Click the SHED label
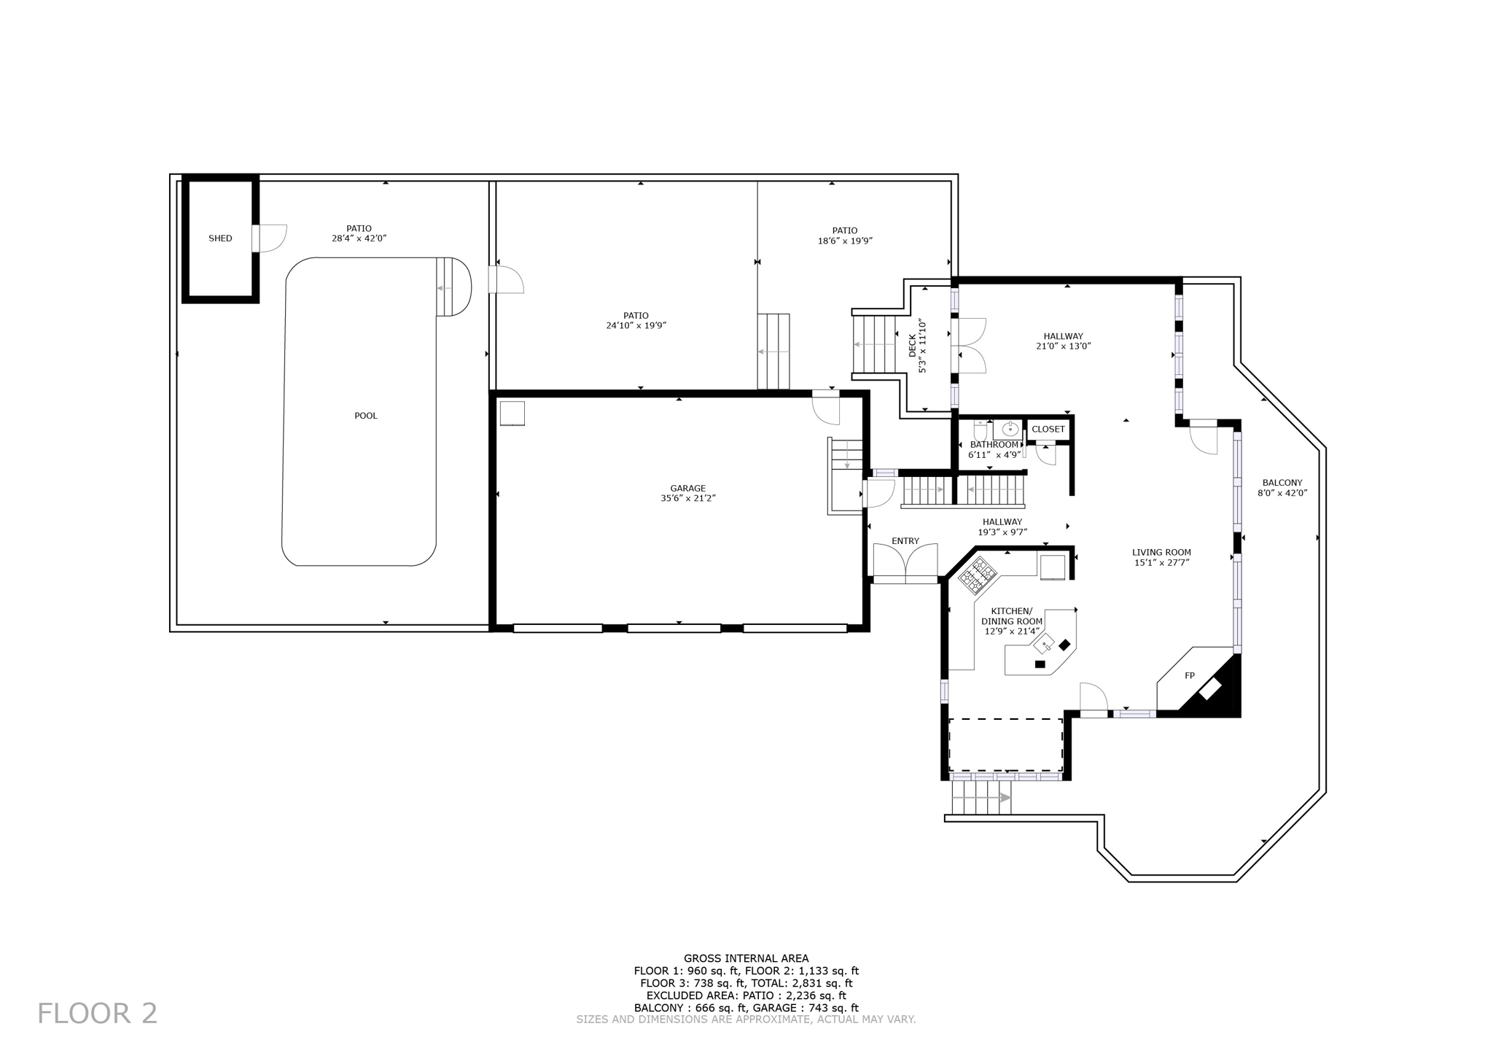(220, 238)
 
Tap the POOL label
(366, 416)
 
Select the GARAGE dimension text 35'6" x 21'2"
(687, 499)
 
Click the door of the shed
(271, 238)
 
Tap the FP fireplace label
(1189, 676)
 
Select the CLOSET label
(1048, 429)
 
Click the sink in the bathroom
(1010, 429)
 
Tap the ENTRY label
(905, 541)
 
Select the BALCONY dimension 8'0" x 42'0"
(1282, 493)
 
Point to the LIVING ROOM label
(1161, 552)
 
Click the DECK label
(912, 346)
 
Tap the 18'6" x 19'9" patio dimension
(845, 241)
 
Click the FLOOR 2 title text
(98, 1014)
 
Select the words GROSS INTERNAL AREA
(746, 958)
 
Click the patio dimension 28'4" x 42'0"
(359, 238)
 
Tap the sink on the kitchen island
(1044, 644)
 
